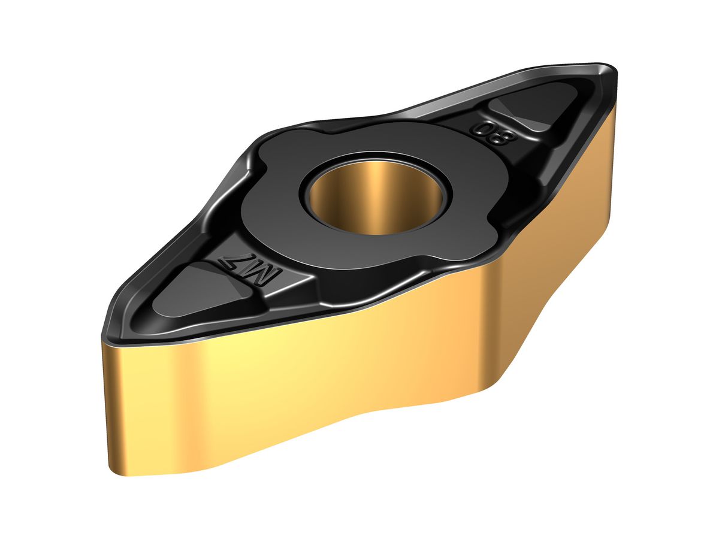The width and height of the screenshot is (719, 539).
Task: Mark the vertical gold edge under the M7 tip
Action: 107,407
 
